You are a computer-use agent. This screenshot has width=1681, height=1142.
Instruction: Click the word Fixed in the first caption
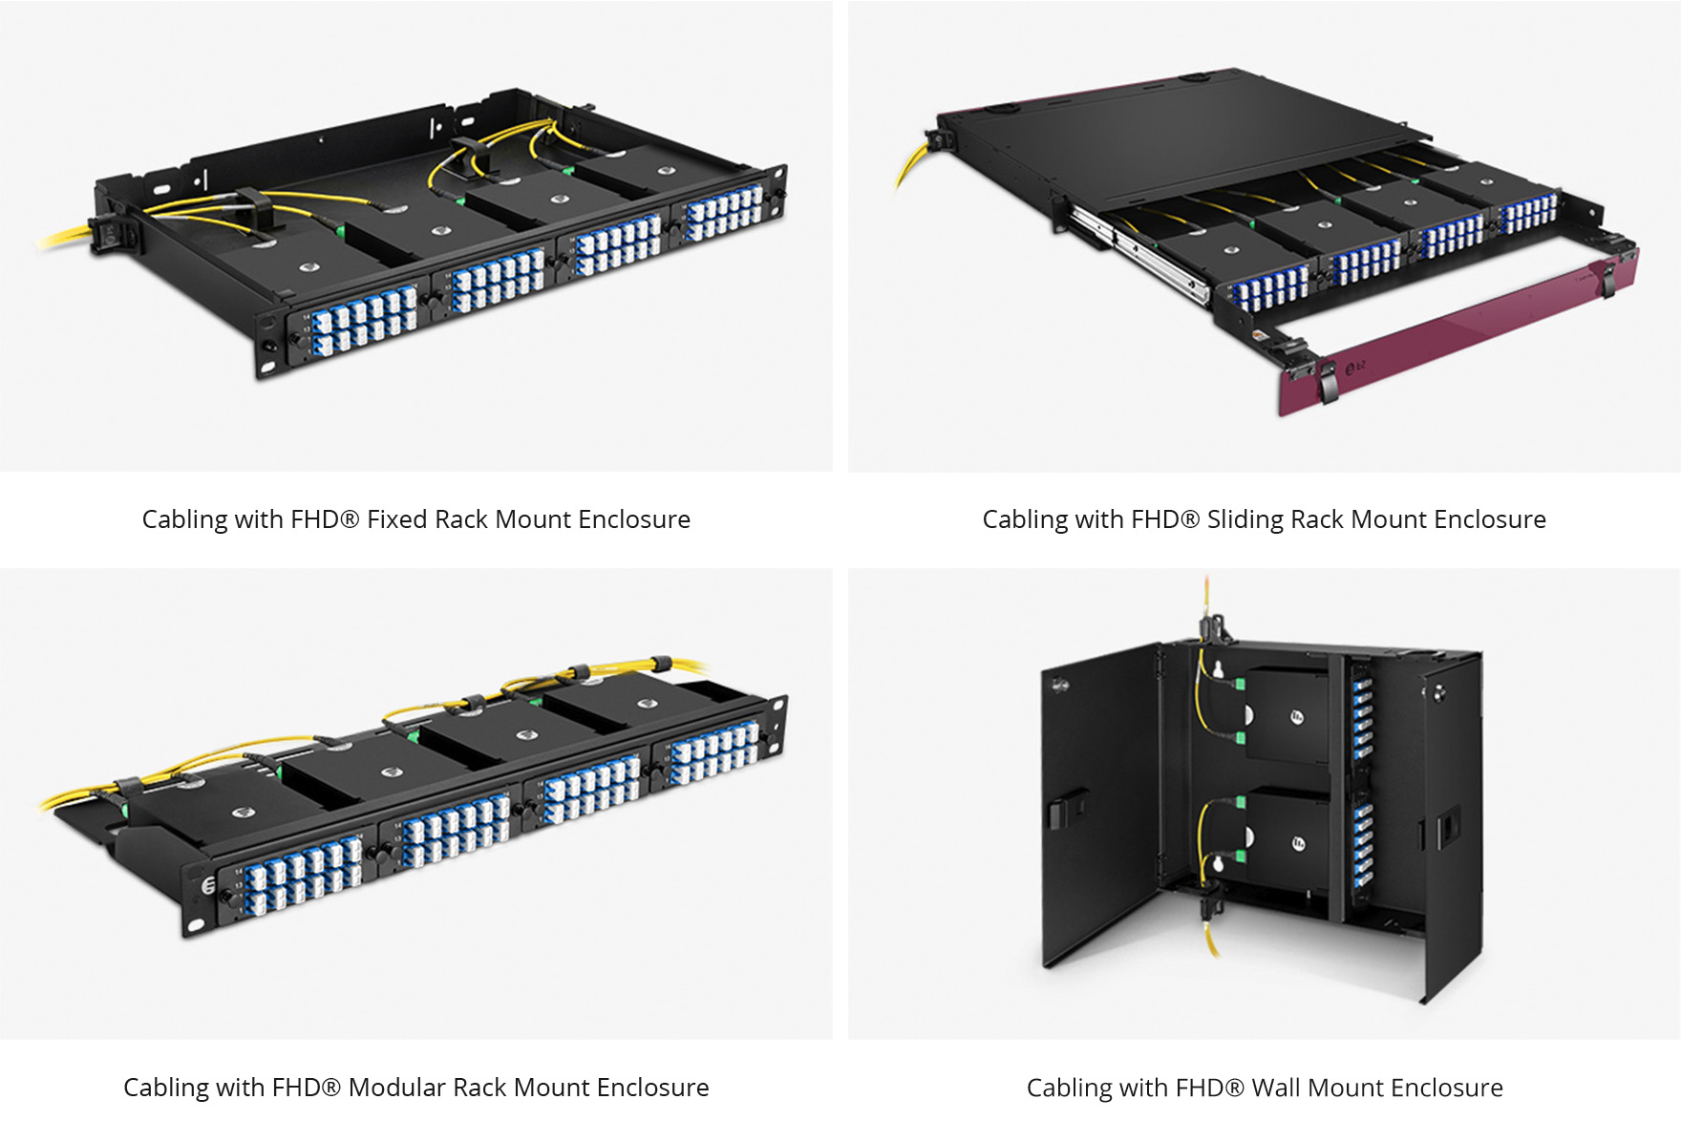(398, 519)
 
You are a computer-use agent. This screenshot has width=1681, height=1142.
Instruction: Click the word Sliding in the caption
(1245, 519)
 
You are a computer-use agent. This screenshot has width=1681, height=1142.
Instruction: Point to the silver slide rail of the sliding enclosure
(1137, 252)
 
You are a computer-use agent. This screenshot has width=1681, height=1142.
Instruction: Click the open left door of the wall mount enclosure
(1098, 802)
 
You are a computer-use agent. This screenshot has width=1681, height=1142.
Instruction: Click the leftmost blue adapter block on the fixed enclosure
(364, 321)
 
